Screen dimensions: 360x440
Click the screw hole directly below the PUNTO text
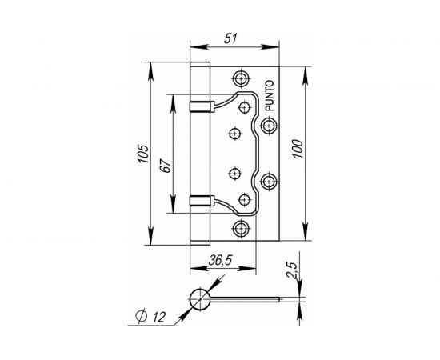click(268, 125)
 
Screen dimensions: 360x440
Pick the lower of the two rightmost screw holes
click(268, 182)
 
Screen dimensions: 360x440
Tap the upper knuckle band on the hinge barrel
click(200, 104)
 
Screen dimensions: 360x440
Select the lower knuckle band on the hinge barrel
click(200, 202)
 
